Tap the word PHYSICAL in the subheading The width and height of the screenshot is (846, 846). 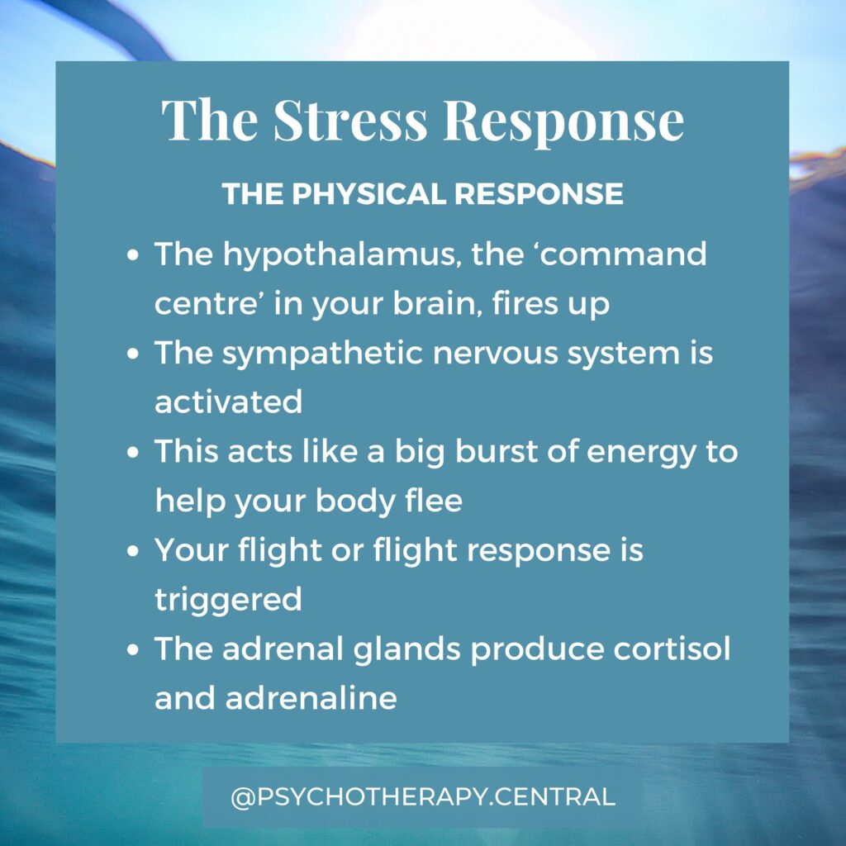369,193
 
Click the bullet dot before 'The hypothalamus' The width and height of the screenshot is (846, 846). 133,254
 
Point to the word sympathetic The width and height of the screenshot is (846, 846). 322,354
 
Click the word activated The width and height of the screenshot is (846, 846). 228,402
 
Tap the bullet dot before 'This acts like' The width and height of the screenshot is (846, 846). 133,452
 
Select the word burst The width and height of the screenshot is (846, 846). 497,451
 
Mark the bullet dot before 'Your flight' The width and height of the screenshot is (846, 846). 133,551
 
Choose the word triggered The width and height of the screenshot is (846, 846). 228,601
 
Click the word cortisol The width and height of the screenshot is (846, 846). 672,649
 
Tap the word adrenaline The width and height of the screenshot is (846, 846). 311,697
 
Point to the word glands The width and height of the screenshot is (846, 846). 406,649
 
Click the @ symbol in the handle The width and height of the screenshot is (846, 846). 242,797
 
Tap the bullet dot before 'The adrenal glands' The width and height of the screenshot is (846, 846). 133,649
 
